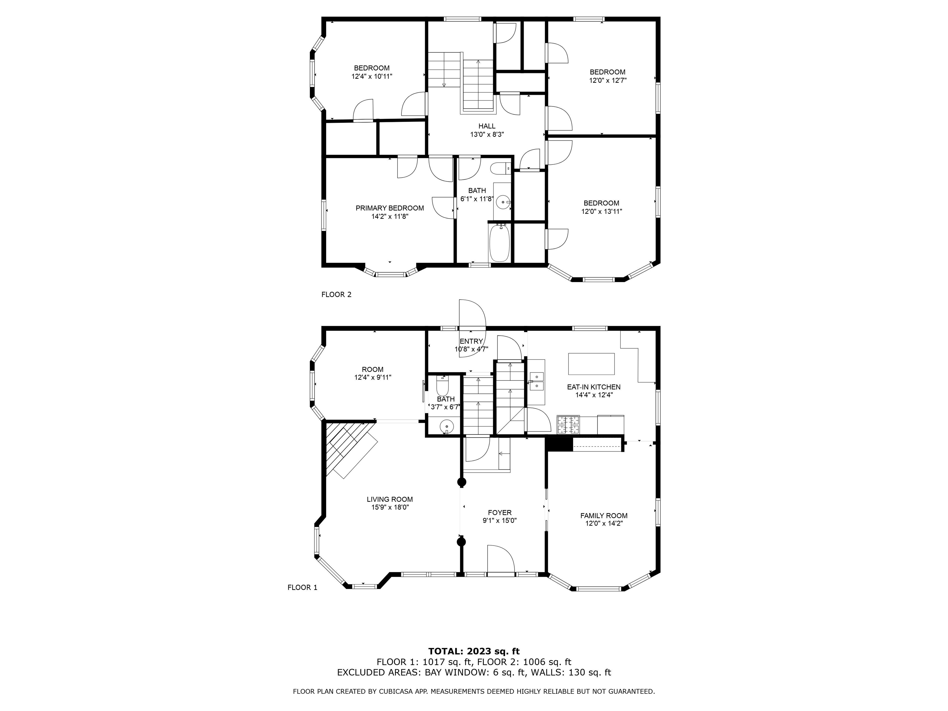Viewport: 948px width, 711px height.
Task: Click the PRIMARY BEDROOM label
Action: tap(389, 208)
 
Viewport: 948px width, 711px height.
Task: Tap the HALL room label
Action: tap(487, 126)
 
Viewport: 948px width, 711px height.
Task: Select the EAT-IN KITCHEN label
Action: tap(593, 387)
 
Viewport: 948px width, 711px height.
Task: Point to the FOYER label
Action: tap(500, 513)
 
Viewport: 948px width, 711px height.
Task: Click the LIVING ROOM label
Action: tap(389, 499)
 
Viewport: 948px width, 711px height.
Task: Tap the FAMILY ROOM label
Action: tap(604, 516)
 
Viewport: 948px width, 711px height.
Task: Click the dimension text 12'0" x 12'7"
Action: tap(608, 80)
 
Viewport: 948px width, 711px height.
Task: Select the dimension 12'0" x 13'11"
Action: tap(601, 211)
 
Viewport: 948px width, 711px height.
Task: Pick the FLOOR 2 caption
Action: tap(336, 294)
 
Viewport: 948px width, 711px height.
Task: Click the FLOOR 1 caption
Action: tap(302, 588)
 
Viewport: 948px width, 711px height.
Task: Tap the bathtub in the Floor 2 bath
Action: tap(499, 243)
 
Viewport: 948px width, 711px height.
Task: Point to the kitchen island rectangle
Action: tap(592, 364)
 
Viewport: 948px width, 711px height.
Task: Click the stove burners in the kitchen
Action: tap(568, 425)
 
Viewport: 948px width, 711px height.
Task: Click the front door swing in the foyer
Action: tap(501, 559)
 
